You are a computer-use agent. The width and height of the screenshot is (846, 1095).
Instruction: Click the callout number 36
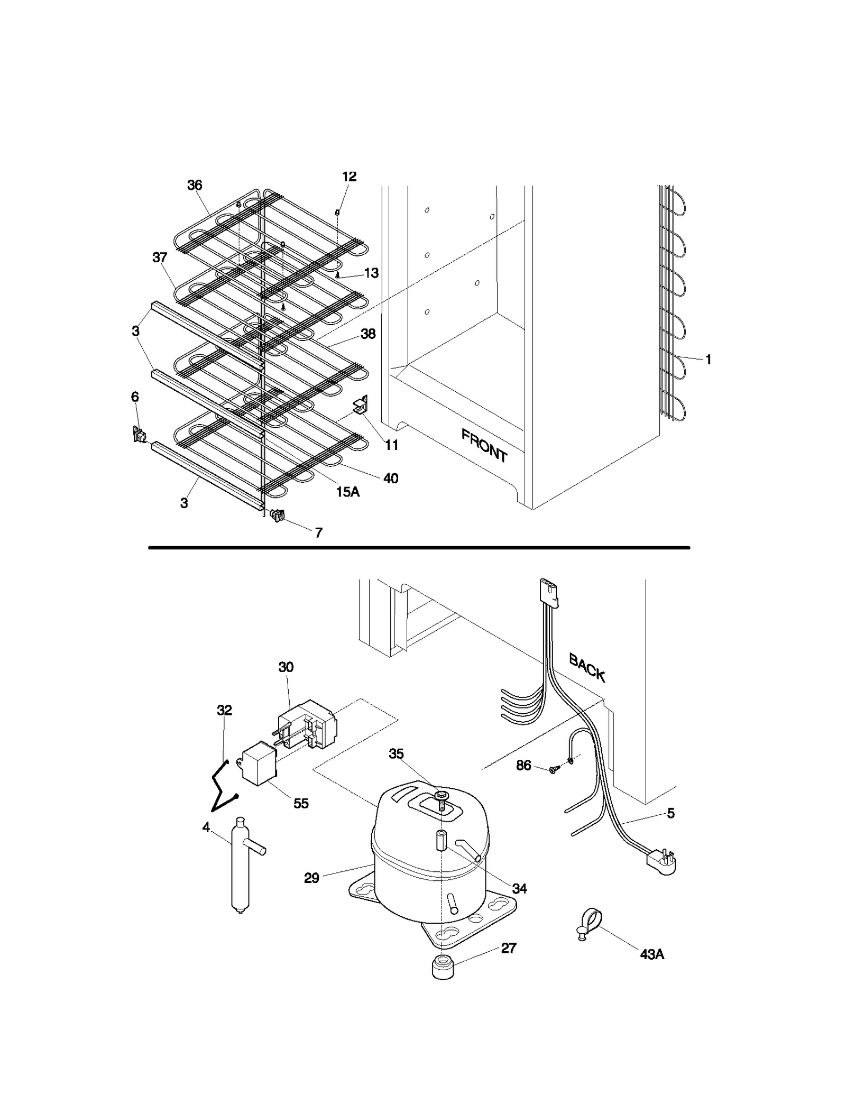195,185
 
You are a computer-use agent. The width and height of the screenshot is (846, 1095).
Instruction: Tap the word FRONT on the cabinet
484,446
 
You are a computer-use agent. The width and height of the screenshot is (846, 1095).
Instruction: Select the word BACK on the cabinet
587,668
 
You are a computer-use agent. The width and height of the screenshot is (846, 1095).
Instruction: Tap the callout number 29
311,878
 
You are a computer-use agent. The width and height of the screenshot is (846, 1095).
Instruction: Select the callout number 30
286,667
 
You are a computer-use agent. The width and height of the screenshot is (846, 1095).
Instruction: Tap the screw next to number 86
553,770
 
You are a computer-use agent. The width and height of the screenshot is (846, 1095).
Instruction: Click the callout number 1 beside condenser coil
708,360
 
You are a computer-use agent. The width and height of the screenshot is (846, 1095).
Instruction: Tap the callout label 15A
347,492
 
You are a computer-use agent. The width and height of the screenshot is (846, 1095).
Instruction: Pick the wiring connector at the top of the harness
548,592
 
